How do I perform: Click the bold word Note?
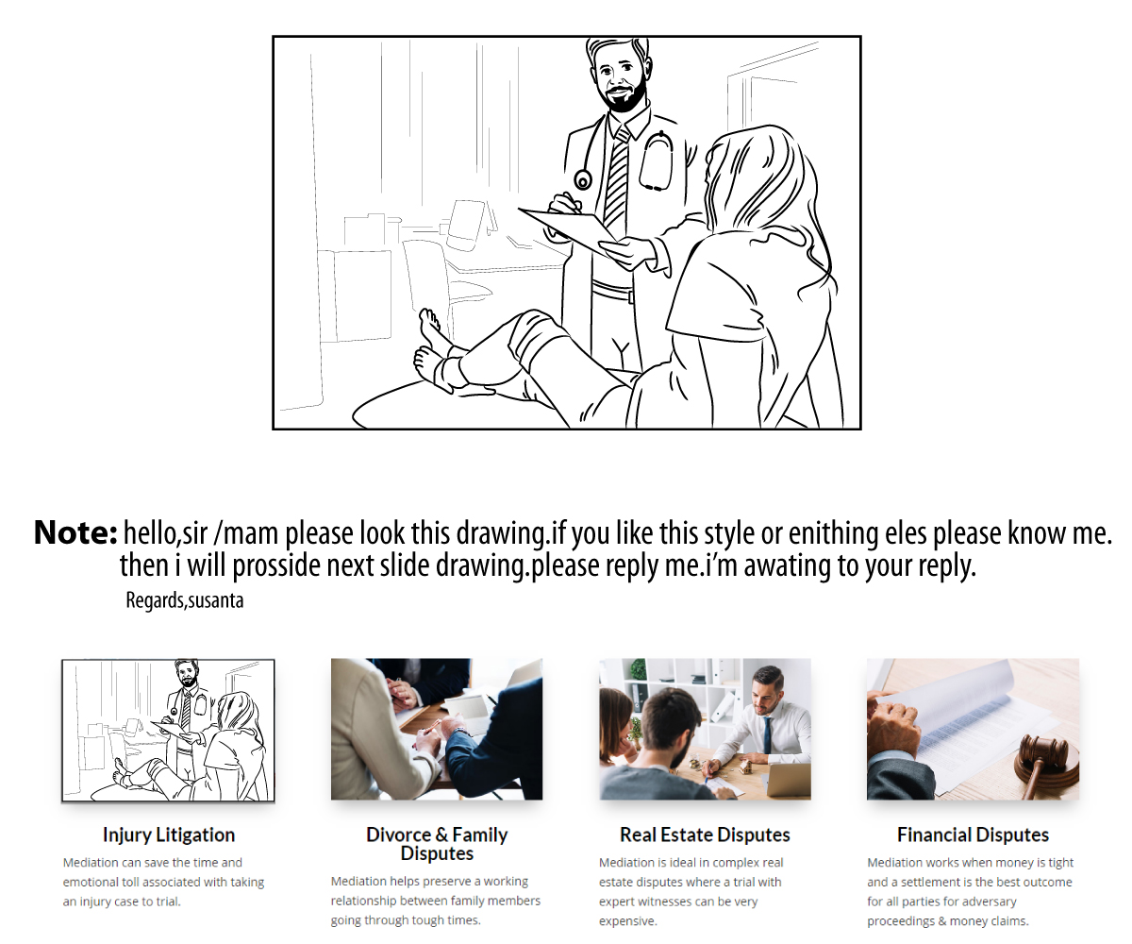point(75,532)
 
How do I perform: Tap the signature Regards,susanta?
point(184,600)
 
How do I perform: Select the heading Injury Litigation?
point(169,834)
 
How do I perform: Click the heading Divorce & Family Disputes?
point(437,844)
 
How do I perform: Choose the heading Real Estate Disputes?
point(705,834)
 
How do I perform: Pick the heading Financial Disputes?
point(973,834)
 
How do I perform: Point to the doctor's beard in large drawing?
point(624,97)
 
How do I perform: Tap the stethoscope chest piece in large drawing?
point(583,180)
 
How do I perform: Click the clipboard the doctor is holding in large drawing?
point(569,230)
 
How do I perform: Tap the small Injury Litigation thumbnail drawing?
point(168,731)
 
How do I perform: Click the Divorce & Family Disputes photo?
point(437,729)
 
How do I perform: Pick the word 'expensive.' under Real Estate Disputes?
point(628,920)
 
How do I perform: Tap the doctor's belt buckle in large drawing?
point(630,296)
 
